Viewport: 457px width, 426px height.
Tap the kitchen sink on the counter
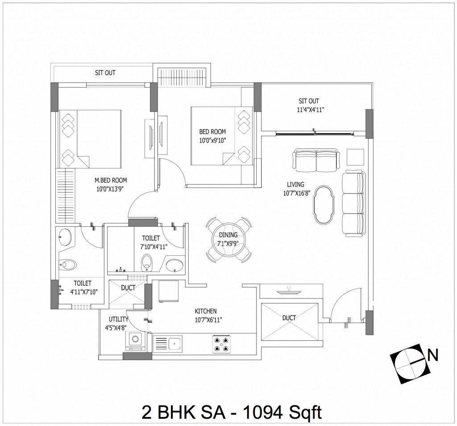tap(168, 344)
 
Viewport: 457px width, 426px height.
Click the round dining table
tap(228, 239)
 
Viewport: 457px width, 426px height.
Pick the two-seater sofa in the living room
tap(316, 160)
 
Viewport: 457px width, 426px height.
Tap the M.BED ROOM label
tap(111, 180)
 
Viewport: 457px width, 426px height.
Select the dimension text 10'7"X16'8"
tap(296, 193)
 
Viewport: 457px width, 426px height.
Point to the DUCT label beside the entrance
tap(289, 318)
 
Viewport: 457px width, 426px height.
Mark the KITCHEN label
tap(205, 311)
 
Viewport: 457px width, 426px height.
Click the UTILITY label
tap(119, 319)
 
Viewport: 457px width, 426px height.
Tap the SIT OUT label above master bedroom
tap(105, 73)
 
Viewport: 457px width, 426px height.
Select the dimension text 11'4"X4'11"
tap(308, 109)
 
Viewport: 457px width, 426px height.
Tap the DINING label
tap(228, 235)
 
